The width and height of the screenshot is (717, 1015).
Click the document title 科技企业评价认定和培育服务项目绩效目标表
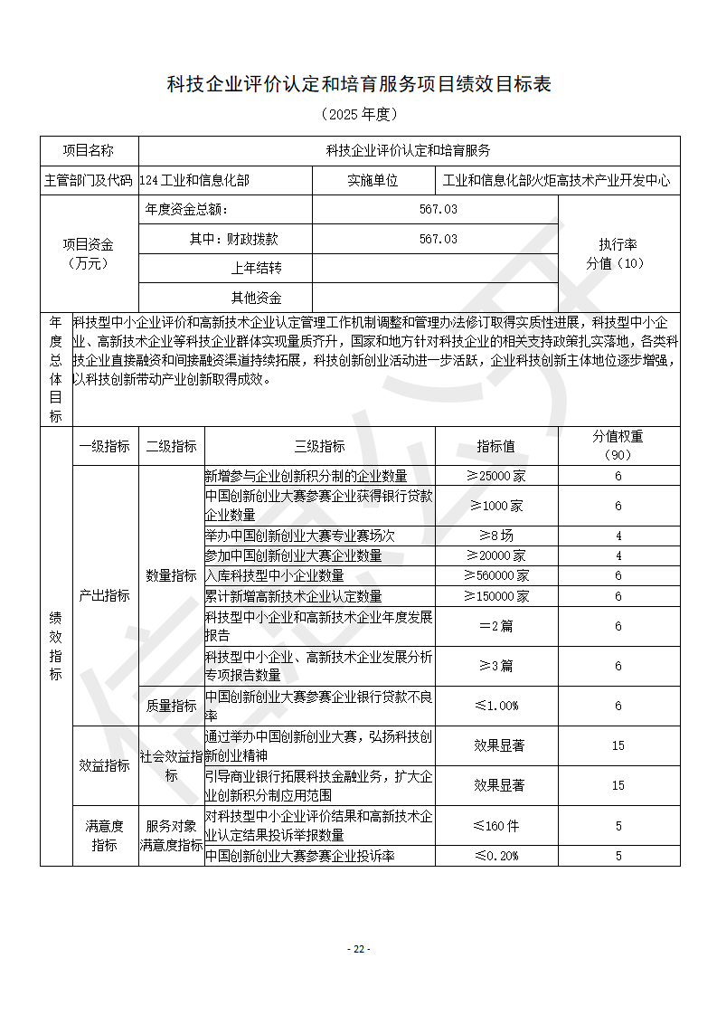(x=359, y=84)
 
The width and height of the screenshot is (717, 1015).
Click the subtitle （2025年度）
(x=359, y=115)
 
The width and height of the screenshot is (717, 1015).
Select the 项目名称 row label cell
(x=89, y=151)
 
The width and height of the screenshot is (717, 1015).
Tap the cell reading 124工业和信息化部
(x=194, y=181)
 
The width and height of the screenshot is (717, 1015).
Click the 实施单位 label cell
(x=373, y=181)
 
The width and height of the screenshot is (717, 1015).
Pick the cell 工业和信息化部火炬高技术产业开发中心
(x=557, y=181)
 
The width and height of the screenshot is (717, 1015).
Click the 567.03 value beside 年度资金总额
(x=438, y=210)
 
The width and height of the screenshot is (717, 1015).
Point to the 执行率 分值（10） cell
(x=618, y=254)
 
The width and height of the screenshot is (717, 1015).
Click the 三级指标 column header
(x=319, y=446)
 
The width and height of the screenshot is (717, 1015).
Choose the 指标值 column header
(x=495, y=446)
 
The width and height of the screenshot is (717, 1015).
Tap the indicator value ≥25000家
(x=495, y=476)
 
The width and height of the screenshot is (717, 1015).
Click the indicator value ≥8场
(x=495, y=536)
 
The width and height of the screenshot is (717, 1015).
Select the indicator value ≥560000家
(x=495, y=575)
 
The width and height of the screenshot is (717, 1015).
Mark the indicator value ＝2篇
(x=495, y=626)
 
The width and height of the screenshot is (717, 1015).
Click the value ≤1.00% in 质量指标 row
(x=495, y=706)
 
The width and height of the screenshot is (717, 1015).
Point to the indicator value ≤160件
(x=495, y=825)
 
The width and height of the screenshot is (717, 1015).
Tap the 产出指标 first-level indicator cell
(x=105, y=596)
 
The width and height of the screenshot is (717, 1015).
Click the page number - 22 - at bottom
(x=359, y=949)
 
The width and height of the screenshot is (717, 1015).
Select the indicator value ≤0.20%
(x=495, y=856)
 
